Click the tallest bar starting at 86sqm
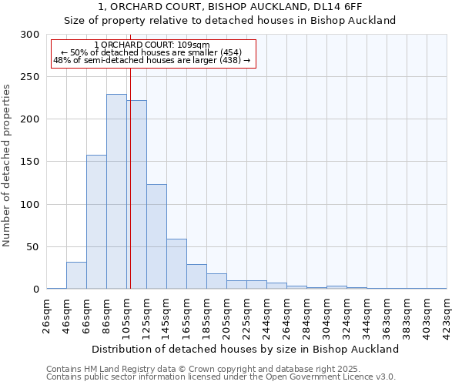116,192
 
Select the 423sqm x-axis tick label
447,315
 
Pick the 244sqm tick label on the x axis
267,315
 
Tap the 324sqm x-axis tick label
347,315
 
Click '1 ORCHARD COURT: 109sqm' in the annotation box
151,45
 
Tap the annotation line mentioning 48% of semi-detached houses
152,60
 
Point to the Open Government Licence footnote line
221,377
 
